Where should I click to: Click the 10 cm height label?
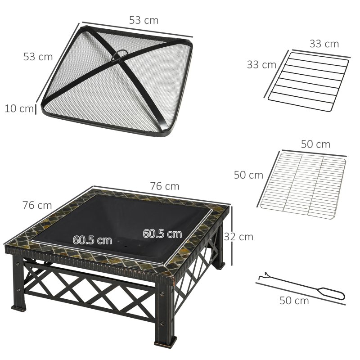click(x=18, y=108)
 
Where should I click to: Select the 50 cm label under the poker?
click(x=294, y=301)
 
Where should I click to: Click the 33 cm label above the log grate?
click(x=324, y=44)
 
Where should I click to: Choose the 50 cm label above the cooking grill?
click(x=315, y=144)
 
